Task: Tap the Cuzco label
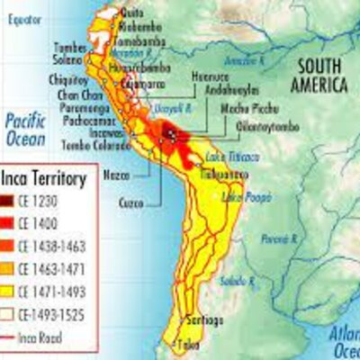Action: (x=132, y=203)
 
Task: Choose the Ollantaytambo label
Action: (x=263, y=126)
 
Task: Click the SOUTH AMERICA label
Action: (x=317, y=76)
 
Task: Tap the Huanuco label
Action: (x=211, y=77)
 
